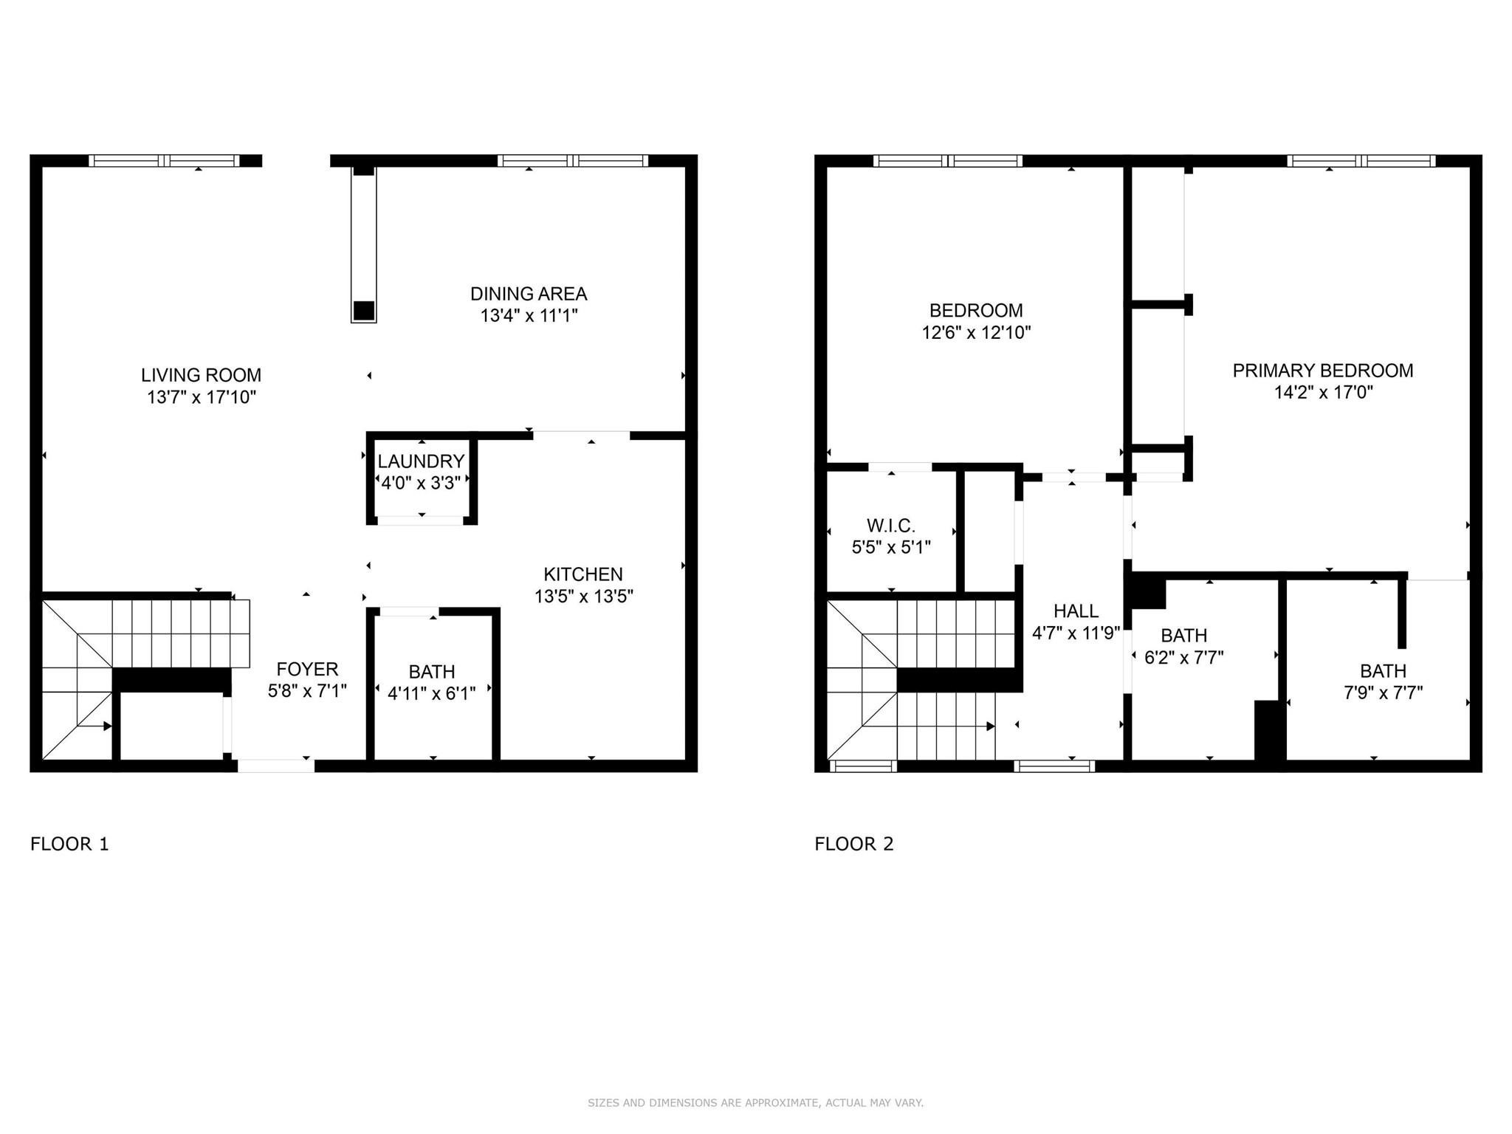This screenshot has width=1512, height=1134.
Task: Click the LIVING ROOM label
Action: click(201, 375)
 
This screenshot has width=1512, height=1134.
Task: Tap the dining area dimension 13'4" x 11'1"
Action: click(529, 316)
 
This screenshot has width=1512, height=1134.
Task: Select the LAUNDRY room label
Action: click(421, 461)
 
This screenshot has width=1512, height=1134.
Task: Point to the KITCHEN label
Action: click(583, 574)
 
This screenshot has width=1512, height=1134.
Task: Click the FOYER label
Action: click(307, 669)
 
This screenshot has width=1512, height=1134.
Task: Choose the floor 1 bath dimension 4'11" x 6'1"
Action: click(432, 693)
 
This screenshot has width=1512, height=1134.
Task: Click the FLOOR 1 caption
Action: click(69, 844)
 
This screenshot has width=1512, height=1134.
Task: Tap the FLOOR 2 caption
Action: click(854, 844)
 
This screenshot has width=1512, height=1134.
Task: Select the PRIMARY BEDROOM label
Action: click(1323, 371)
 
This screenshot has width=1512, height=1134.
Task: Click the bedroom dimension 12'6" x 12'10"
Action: click(976, 332)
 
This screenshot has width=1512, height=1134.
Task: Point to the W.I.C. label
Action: click(891, 526)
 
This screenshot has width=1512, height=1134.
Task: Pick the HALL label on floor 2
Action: click(1076, 611)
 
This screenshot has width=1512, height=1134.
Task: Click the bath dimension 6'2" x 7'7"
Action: click(1184, 657)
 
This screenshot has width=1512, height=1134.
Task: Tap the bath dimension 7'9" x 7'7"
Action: click(1383, 693)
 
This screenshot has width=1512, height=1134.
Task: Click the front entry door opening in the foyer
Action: click(276, 766)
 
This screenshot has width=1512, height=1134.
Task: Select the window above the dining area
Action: click(573, 160)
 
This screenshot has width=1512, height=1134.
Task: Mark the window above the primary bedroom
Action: click(1361, 160)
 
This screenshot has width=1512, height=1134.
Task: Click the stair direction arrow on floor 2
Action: click(989, 726)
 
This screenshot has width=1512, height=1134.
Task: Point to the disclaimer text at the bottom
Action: click(755, 1103)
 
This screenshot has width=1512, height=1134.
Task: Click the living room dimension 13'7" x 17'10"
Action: click(201, 397)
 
